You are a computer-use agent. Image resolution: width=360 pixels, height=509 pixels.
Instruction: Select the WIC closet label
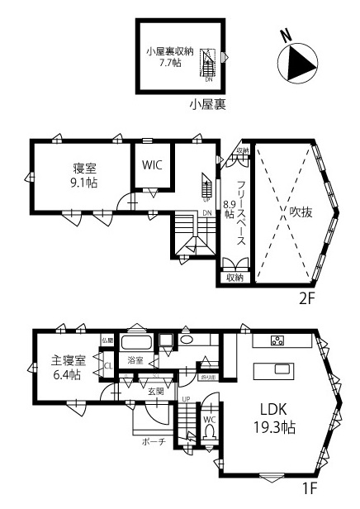152,165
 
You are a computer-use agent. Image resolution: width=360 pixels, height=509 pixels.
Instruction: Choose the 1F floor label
310,488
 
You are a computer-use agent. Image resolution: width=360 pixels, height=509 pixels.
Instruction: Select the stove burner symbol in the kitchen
277,340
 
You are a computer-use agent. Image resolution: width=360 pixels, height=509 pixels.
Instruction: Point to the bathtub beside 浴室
137,343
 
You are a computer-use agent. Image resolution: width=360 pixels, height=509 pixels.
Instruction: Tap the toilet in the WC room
209,436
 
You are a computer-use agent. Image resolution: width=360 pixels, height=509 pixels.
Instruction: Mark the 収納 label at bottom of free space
235,278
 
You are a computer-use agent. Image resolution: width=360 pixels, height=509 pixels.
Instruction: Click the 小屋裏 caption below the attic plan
207,104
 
